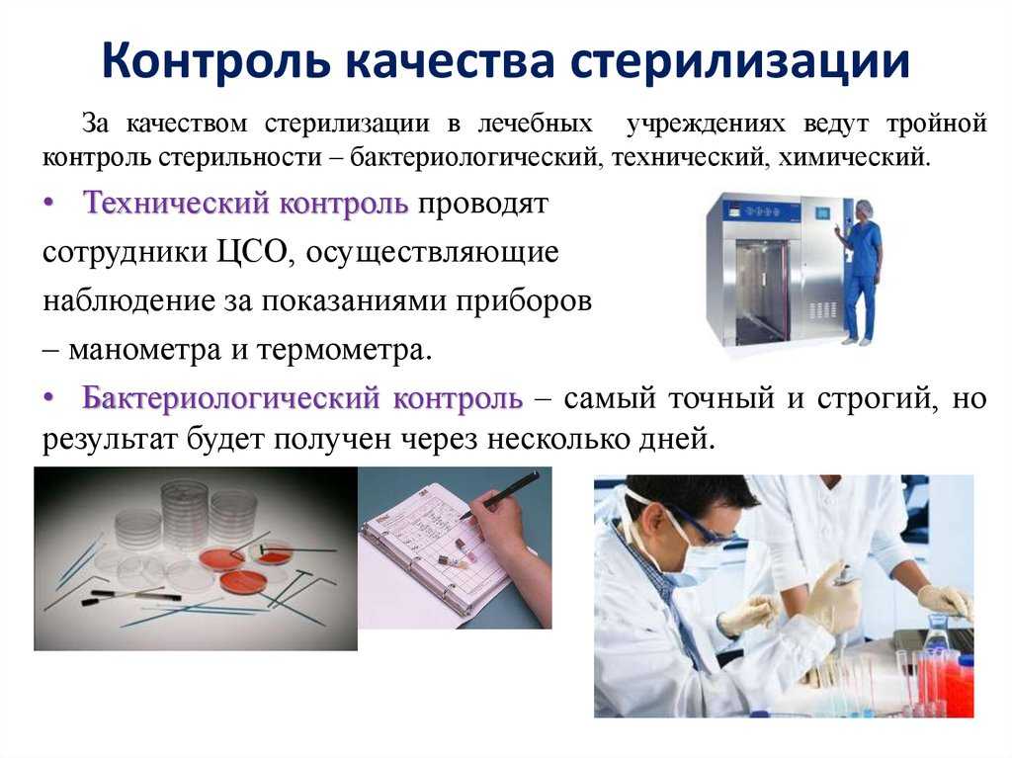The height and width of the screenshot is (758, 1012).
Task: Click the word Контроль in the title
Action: [x=216, y=60]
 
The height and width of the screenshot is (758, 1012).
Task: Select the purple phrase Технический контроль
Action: [x=246, y=203]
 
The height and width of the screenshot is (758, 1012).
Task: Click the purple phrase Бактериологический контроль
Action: [x=302, y=397]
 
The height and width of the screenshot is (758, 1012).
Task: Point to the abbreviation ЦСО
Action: [x=250, y=252]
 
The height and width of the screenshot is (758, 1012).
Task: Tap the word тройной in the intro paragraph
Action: [x=937, y=124]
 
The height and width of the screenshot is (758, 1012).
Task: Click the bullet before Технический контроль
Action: [x=48, y=204]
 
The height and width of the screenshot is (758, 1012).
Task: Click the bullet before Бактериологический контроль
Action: [x=48, y=398]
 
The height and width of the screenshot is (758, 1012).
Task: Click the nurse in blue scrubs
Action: [x=861, y=271]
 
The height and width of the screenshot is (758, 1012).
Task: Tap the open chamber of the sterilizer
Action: [x=762, y=291]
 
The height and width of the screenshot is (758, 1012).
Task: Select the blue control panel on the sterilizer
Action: [x=758, y=210]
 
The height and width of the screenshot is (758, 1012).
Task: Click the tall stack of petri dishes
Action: [x=185, y=510]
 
